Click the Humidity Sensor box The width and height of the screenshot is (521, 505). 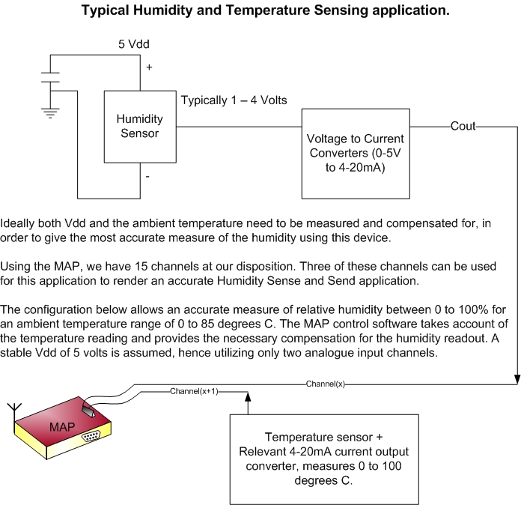coord(139,127)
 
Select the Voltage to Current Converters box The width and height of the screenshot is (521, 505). coord(356,152)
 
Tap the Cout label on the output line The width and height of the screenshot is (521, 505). coord(463,126)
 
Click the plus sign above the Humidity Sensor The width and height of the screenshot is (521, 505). coord(149,67)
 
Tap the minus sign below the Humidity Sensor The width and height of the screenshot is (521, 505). coord(148,177)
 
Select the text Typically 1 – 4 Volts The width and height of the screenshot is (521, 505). coord(234,100)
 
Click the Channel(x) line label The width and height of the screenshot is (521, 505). coord(325,384)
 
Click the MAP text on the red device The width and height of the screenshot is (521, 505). coord(61,427)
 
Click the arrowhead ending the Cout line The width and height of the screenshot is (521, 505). coord(517,381)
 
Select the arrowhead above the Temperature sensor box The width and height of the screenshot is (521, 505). coord(246,397)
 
